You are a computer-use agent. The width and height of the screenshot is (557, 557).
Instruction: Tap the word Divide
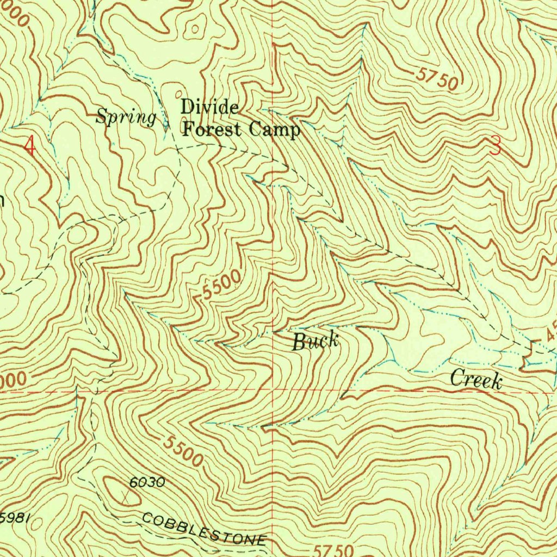pyautogui.click(x=209, y=107)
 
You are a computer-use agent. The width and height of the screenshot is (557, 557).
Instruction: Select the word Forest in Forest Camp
pyautogui.click(x=213, y=129)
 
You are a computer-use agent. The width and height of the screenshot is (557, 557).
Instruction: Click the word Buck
pyautogui.click(x=316, y=342)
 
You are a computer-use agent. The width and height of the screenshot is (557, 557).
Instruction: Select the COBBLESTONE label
pyautogui.click(x=204, y=528)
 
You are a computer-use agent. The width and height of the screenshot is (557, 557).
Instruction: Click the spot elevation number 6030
pyautogui.click(x=147, y=482)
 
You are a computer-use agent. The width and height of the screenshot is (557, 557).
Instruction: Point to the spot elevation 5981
pyautogui.click(x=14, y=517)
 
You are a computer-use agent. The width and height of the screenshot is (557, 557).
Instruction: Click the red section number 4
pyautogui.click(x=30, y=146)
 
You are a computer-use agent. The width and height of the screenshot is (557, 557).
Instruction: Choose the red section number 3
pyautogui.click(x=495, y=146)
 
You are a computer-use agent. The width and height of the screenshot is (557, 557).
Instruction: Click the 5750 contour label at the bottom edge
pyautogui.click(x=330, y=549)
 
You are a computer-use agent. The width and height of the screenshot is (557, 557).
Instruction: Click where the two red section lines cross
pyautogui.click(x=273, y=391)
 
